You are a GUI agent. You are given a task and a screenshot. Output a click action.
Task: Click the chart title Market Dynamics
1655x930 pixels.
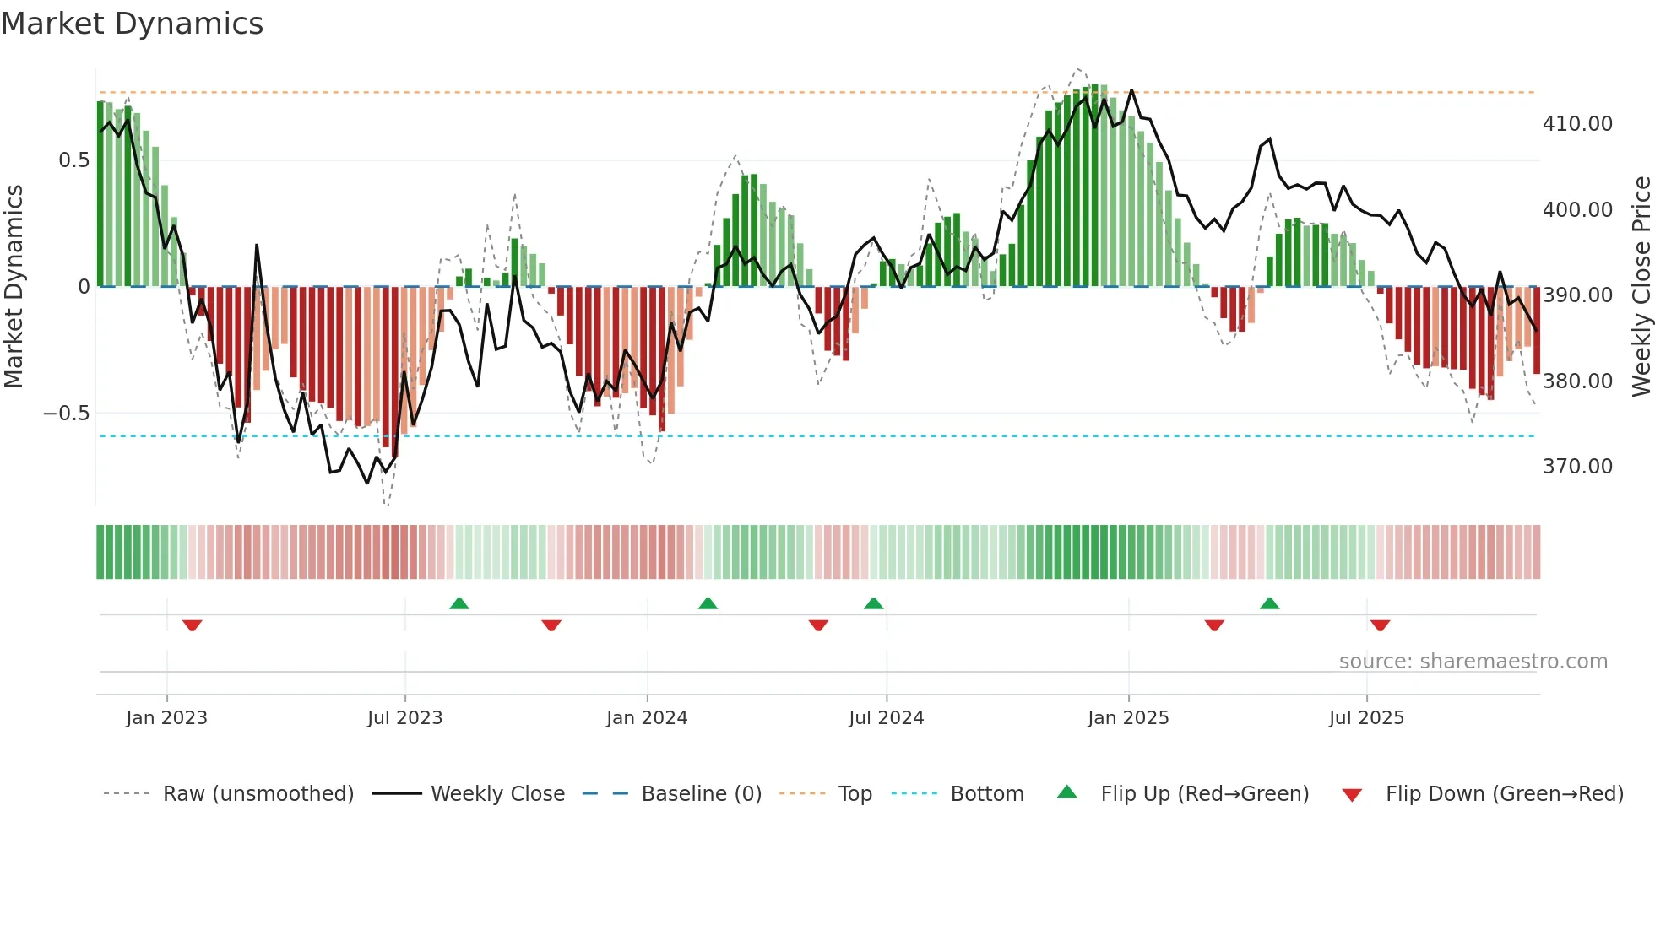[133, 24]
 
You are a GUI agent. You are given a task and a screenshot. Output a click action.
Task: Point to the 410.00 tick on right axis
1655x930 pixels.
[1576, 124]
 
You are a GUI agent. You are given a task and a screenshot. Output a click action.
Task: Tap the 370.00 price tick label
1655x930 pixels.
[1576, 467]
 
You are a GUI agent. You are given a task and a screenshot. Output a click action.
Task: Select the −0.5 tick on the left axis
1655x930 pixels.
[66, 414]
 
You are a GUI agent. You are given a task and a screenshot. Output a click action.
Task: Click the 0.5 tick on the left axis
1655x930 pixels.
[73, 160]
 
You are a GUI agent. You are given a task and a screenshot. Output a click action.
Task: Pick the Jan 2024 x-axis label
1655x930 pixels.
[647, 718]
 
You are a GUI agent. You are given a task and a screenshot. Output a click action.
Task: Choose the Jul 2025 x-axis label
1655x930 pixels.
[1366, 718]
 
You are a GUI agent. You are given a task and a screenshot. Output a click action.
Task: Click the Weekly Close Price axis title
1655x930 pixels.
[1641, 286]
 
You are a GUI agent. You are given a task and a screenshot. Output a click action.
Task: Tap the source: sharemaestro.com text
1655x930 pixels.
[1473, 662]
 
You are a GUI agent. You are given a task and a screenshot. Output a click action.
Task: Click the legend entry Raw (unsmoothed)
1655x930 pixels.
[258, 794]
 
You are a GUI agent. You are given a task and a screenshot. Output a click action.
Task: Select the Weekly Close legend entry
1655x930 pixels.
[497, 794]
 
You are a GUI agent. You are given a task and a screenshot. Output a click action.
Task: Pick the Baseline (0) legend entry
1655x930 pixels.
[701, 794]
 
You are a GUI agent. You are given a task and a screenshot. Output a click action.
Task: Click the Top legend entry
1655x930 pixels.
[855, 794]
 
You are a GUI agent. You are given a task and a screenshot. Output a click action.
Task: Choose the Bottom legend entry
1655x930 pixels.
[986, 794]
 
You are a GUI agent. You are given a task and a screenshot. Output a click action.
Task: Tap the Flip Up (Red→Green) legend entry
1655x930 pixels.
[1204, 794]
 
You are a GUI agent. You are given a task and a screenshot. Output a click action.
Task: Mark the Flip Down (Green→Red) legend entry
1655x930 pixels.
[1504, 794]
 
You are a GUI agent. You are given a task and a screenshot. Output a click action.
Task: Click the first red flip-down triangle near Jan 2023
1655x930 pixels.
[193, 625]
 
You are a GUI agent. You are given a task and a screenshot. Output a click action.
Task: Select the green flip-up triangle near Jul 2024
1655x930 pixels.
[874, 603]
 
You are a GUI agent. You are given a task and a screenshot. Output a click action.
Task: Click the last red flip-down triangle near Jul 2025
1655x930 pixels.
[1381, 625]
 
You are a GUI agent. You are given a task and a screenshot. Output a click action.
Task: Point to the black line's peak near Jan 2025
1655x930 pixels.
[1131, 90]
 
